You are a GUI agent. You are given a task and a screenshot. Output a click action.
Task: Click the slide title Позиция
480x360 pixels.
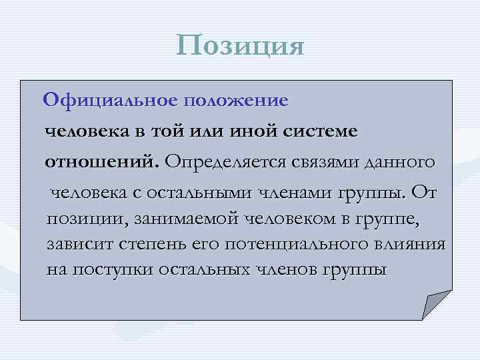point(240,46)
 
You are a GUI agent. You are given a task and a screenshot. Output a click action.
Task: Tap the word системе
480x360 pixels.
point(324,131)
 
